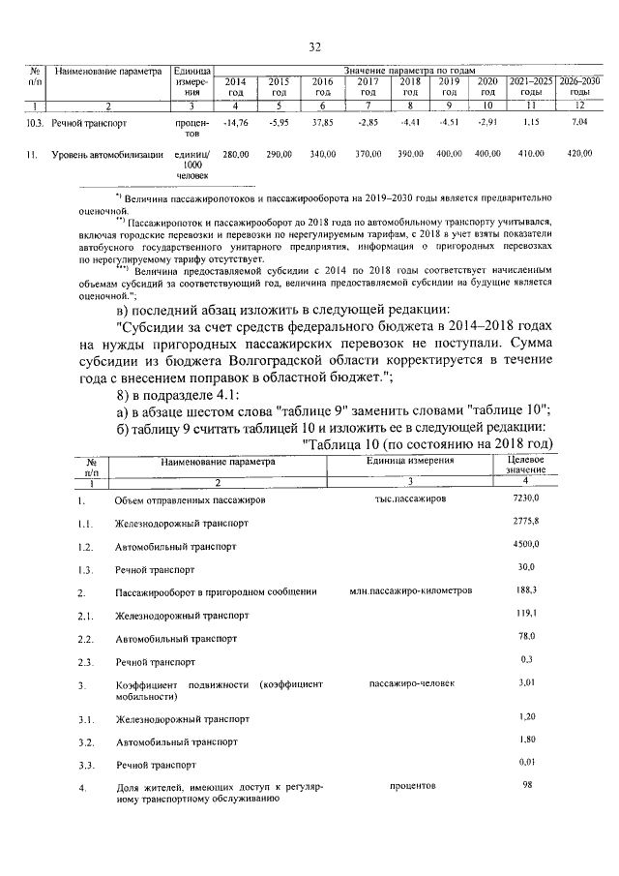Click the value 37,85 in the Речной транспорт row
pos(322,123)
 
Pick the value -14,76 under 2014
pos(236,123)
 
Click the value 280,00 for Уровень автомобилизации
pos(236,154)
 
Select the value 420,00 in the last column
pos(579,154)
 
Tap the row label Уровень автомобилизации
pos(107,154)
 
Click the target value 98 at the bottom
pos(528,785)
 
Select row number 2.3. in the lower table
pos(85,662)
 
